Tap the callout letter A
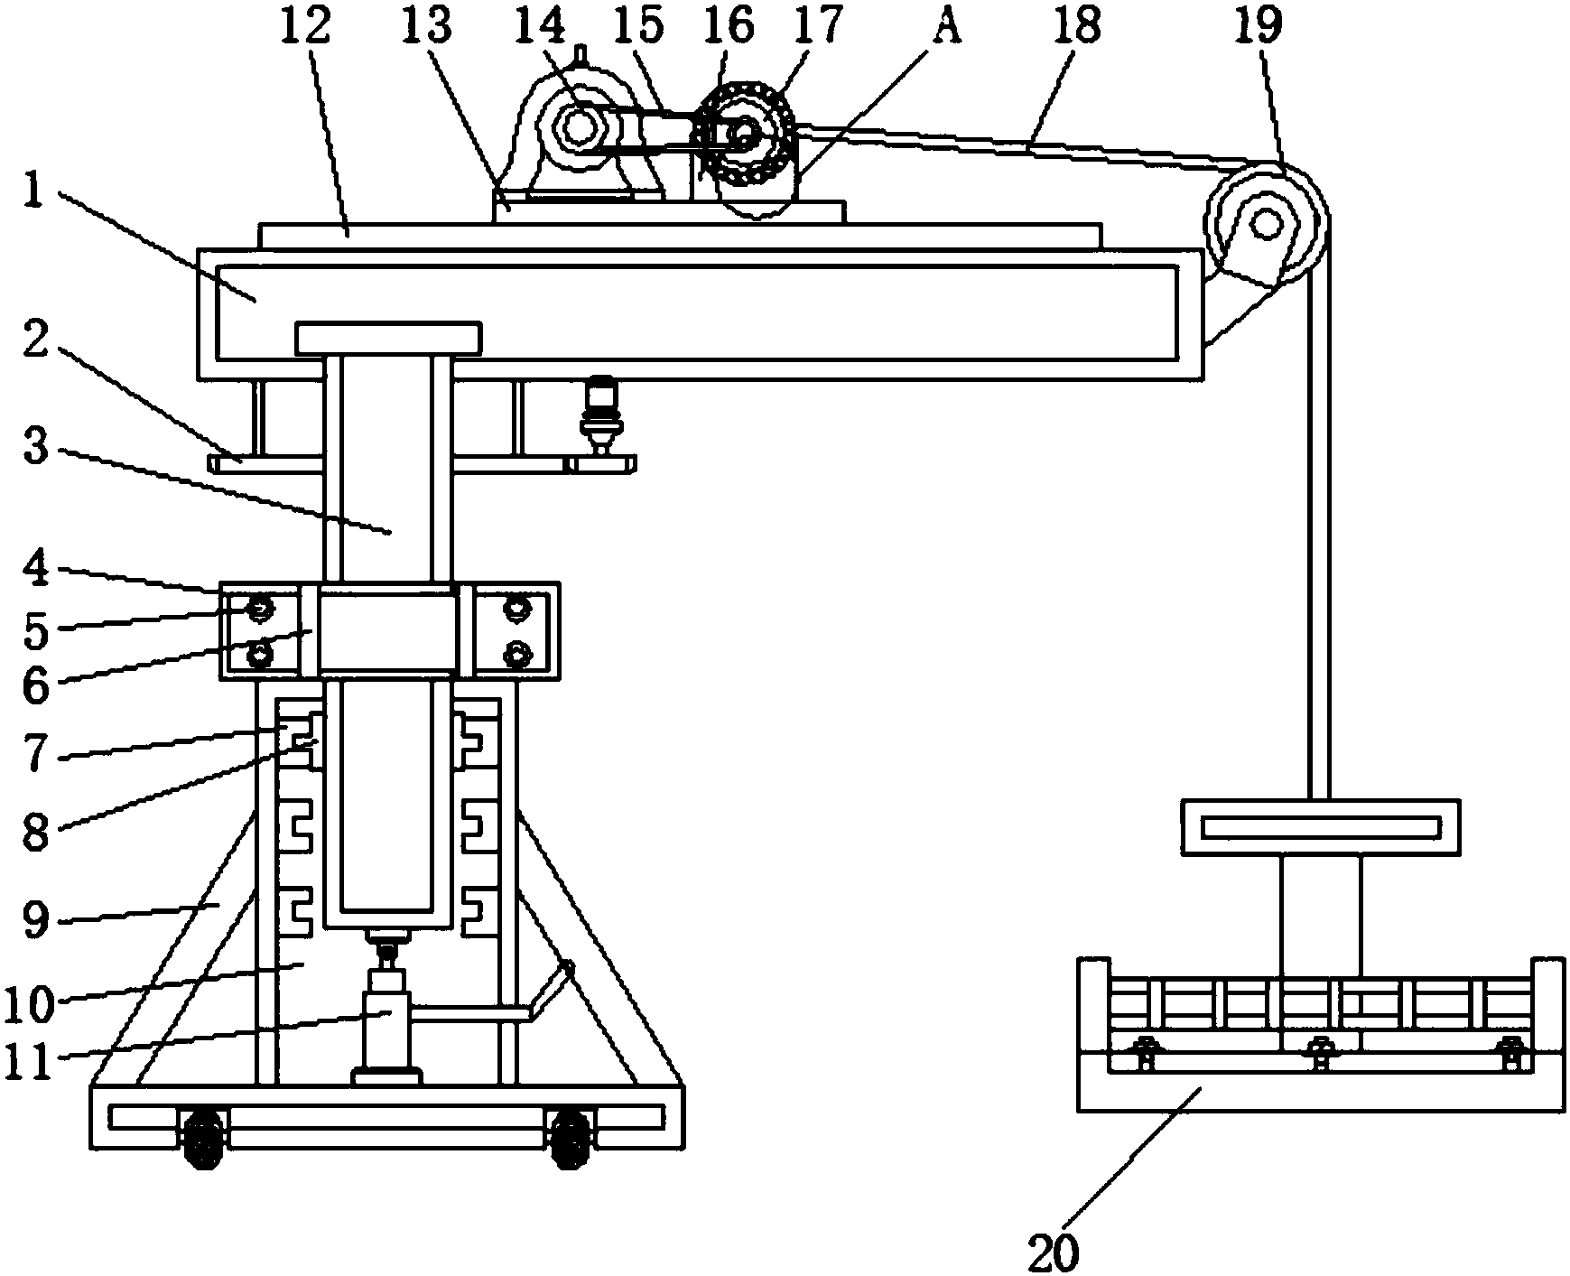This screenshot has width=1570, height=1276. [x=947, y=28]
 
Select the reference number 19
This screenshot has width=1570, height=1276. [x=1260, y=26]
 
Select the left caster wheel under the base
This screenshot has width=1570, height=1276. [x=203, y=1140]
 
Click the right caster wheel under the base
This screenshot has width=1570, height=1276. [x=569, y=1140]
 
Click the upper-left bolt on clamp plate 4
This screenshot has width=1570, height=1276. [x=260, y=611]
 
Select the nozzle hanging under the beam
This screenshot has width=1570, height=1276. [x=598, y=420]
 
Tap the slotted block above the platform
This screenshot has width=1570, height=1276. [x=1320, y=826]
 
